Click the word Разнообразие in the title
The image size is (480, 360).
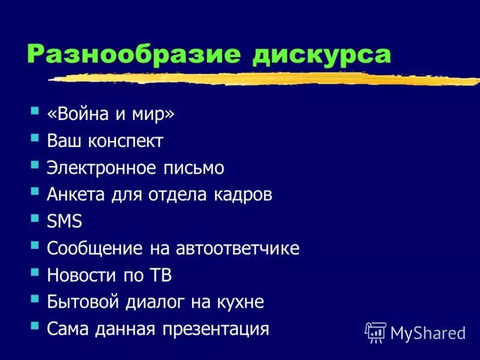click(x=133, y=55)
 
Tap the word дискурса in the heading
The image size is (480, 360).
click(x=322, y=55)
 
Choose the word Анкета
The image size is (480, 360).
click(x=77, y=195)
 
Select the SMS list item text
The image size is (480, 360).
click(x=64, y=221)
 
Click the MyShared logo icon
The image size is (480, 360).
click(x=376, y=332)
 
